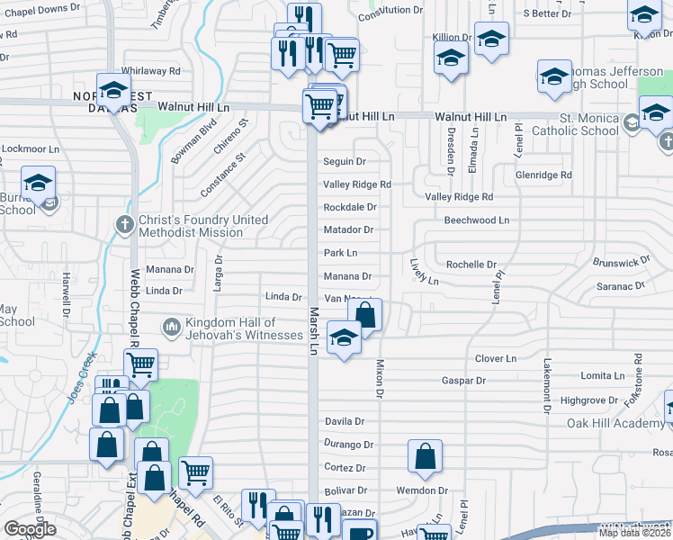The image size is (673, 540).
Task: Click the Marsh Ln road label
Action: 315,329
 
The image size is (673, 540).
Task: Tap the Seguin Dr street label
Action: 345,162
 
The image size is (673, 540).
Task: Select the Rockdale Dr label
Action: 349,207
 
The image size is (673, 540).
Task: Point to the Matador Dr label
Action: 348,230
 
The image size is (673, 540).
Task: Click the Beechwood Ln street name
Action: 476,220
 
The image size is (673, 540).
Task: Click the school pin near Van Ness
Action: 343,338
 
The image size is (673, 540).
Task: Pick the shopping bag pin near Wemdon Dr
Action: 426,457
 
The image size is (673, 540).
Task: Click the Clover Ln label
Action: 496,358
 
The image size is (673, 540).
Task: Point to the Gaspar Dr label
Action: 463,382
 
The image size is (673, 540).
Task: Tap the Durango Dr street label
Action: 349,445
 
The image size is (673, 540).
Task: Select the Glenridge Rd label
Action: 544,175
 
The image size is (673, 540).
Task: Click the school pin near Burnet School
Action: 39,184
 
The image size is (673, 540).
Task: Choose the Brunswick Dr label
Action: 621,261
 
